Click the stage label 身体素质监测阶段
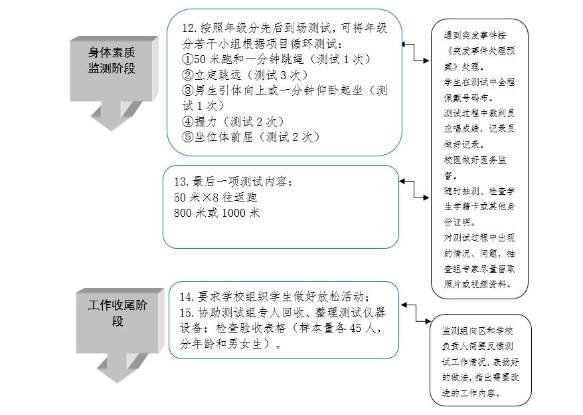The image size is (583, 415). click(112, 60)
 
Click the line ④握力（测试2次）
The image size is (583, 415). click(233, 122)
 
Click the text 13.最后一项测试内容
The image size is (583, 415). click(232, 182)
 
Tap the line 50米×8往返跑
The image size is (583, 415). click(215, 198)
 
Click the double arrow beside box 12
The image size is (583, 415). click(416, 53)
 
